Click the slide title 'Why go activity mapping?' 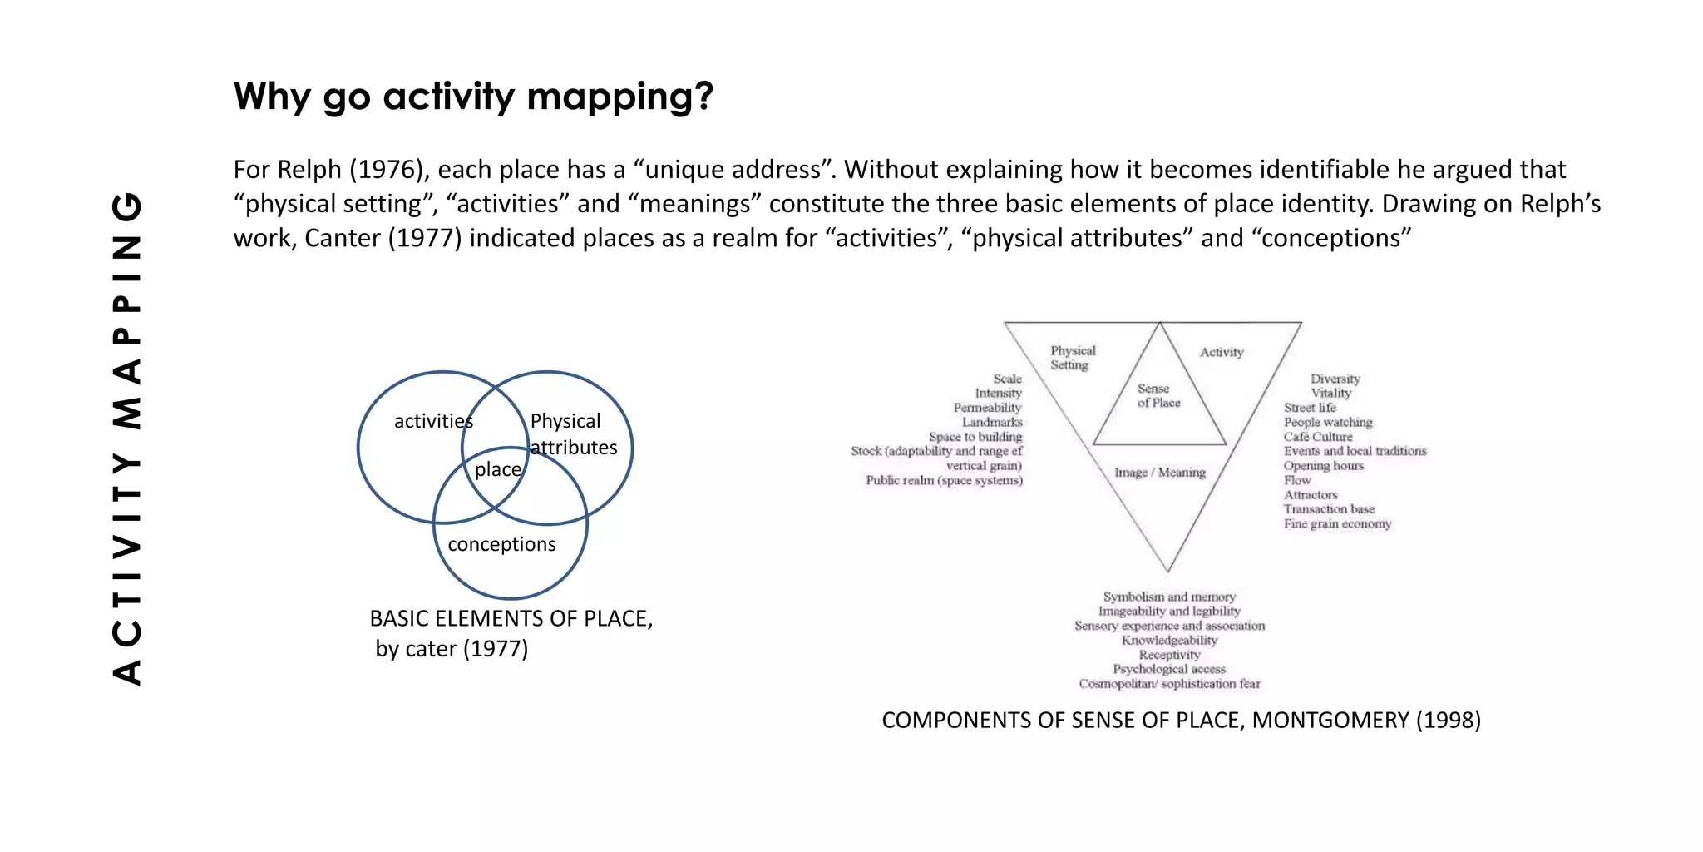pos(473,97)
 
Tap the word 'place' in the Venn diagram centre pos(497,469)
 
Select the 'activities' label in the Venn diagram pos(433,421)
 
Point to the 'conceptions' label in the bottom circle pos(501,544)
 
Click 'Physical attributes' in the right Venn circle pos(573,434)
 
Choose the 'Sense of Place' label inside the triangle pos(1158,396)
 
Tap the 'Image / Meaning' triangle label pos(1159,473)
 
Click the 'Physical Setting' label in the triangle pos(1072,358)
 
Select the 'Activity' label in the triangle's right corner pos(1221,353)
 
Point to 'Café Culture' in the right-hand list pos(1317,437)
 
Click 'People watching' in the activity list pos(1327,423)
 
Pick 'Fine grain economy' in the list pos(1336,524)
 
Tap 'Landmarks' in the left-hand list pos(992,423)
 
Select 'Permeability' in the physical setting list pos(987,408)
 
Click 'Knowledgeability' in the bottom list pos(1169,641)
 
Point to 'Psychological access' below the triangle pos(1169,669)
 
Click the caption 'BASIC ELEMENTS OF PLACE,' pos(511,619)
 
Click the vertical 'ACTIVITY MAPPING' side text pos(127,438)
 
